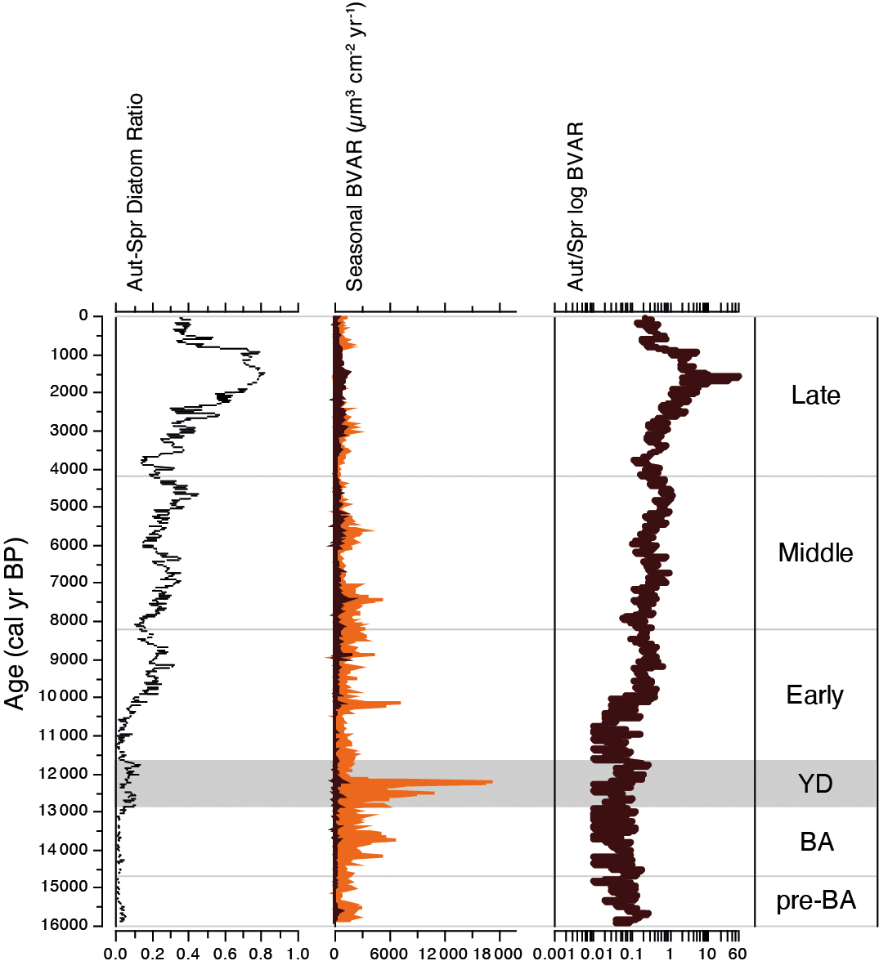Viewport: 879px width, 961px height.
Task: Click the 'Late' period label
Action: click(815, 396)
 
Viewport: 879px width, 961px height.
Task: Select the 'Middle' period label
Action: click(815, 553)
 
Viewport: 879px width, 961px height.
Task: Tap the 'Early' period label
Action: click(814, 695)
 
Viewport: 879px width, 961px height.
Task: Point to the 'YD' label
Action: click(815, 784)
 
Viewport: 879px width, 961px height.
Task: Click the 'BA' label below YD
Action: click(816, 842)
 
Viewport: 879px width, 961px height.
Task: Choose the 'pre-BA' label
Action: click(816, 901)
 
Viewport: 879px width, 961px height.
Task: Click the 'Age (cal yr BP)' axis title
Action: click(16, 624)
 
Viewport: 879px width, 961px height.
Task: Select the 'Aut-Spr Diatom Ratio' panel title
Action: click(136, 192)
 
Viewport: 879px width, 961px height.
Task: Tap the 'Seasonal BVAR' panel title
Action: click(355, 147)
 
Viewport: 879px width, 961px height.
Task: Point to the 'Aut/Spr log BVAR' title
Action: click(576, 207)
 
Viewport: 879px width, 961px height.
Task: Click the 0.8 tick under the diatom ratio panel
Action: click(262, 953)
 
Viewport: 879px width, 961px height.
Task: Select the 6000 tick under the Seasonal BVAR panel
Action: click(389, 953)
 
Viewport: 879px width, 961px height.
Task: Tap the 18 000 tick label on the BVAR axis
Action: click(499, 953)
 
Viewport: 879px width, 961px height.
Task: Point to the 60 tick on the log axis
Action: click(736, 953)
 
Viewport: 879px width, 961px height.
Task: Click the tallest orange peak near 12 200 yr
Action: click(489, 782)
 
